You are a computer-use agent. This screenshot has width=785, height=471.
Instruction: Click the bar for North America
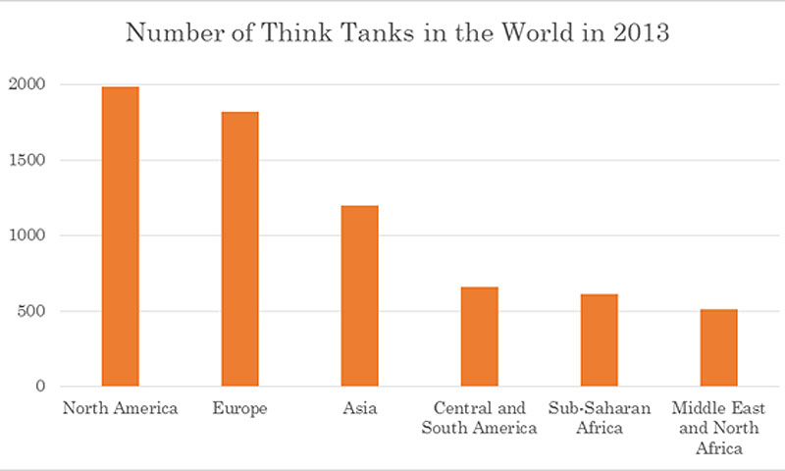[121, 236]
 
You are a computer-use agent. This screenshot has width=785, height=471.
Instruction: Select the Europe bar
[239, 249]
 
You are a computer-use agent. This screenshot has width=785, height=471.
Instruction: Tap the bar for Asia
[359, 295]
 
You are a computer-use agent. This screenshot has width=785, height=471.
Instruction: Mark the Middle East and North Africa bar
[718, 347]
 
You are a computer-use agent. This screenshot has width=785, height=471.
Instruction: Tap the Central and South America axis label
[479, 418]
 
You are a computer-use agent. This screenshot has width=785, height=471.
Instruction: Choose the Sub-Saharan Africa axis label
[599, 418]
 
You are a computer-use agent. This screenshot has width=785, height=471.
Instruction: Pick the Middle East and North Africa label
[718, 427]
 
